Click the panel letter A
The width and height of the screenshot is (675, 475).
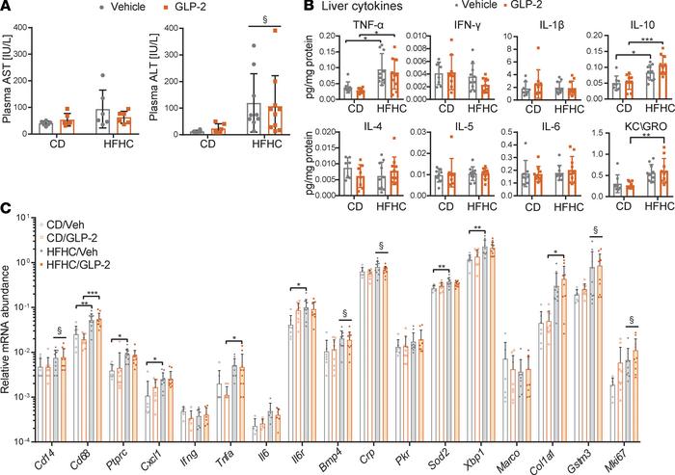pos(8,8)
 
